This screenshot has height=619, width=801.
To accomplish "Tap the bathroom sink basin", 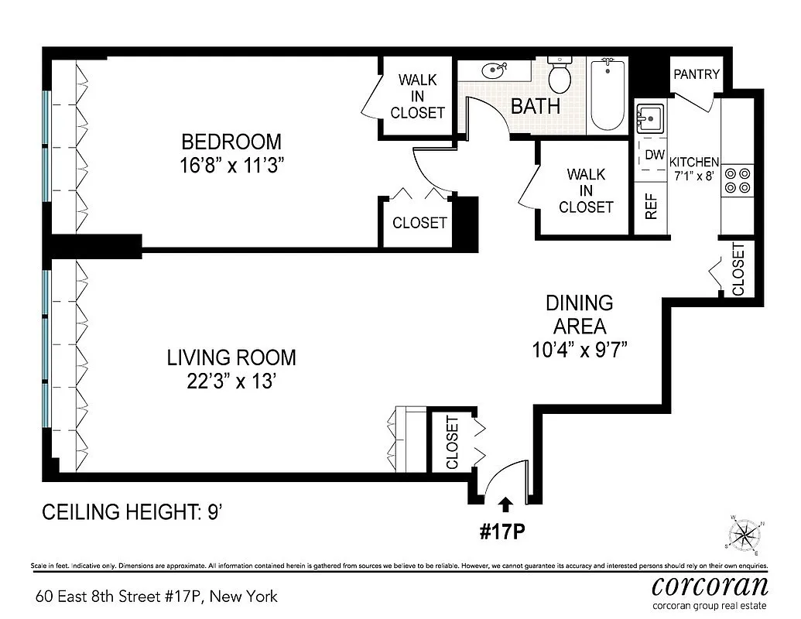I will click(x=491, y=72).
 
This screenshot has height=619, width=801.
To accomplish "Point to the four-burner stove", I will click(x=736, y=180).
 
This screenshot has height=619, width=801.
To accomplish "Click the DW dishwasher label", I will click(x=655, y=155).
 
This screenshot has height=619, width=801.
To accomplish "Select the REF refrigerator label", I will click(x=651, y=205).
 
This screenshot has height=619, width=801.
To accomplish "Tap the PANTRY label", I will click(x=697, y=74).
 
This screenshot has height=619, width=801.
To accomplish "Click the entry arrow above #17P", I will click(x=505, y=505).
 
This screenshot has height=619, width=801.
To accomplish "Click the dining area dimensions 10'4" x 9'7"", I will click(x=579, y=349).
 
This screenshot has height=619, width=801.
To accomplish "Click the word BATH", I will click(x=536, y=106).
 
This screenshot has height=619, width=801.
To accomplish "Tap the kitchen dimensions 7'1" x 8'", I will click(x=694, y=175).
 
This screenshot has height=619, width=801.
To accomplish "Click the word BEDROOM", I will click(x=231, y=142).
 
